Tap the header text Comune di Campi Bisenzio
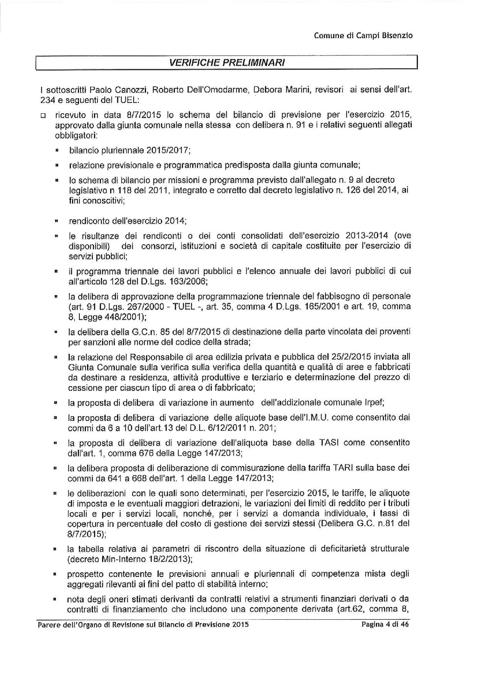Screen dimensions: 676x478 (363, 36)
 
